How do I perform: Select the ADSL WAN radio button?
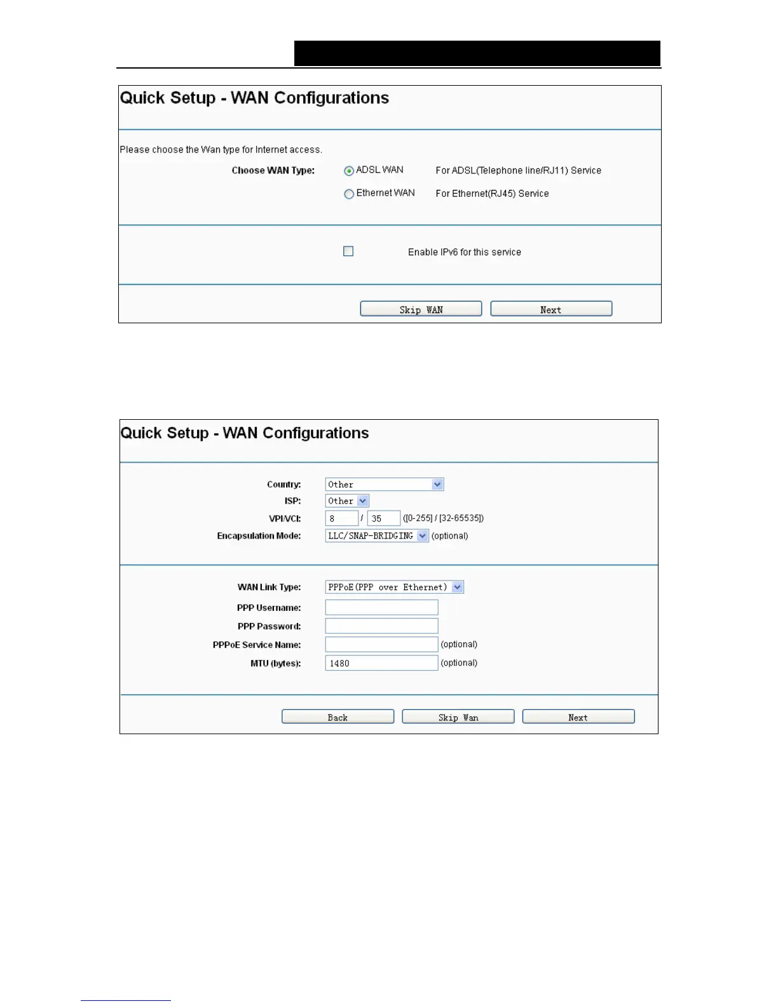pos(349,171)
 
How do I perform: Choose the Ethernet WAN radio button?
pos(349,194)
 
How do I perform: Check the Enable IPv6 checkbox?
pos(348,251)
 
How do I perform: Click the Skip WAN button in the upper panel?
pos(421,309)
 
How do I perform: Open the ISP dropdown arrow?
pos(362,501)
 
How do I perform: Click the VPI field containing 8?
pos(342,518)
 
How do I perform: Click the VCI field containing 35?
pos(383,518)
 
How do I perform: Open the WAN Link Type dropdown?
pos(458,587)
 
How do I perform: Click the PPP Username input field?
pos(381,608)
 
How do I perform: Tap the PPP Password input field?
pos(381,626)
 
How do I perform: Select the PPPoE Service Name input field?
pos(381,645)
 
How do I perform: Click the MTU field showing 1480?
pos(381,663)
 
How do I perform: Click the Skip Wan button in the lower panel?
pos(458,717)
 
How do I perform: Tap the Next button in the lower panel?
pos(578,717)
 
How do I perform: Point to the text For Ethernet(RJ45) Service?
pos(492,194)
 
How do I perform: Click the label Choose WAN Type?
pos(273,170)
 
